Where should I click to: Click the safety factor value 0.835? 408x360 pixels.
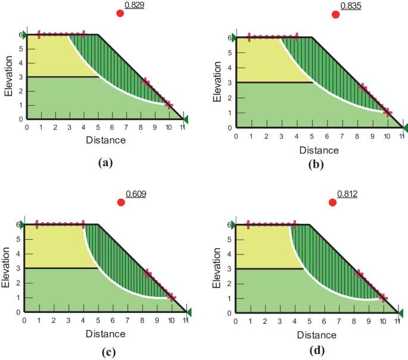[x=350, y=6]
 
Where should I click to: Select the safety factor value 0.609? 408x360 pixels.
[x=136, y=194]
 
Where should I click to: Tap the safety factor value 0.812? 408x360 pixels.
[x=347, y=194]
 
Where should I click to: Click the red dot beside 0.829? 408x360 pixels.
[x=120, y=13]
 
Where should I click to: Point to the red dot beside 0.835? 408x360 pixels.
[x=335, y=15]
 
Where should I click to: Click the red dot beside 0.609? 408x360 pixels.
[x=122, y=203]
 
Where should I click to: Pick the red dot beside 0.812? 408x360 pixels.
[x=332, y=203]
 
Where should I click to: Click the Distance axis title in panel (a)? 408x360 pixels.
[x=105, y=140]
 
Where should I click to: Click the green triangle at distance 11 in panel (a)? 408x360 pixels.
[x=185, y=120]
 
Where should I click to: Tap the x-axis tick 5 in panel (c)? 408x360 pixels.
[x=98, y=320]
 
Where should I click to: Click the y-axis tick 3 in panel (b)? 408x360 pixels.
[x=229, y=82]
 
